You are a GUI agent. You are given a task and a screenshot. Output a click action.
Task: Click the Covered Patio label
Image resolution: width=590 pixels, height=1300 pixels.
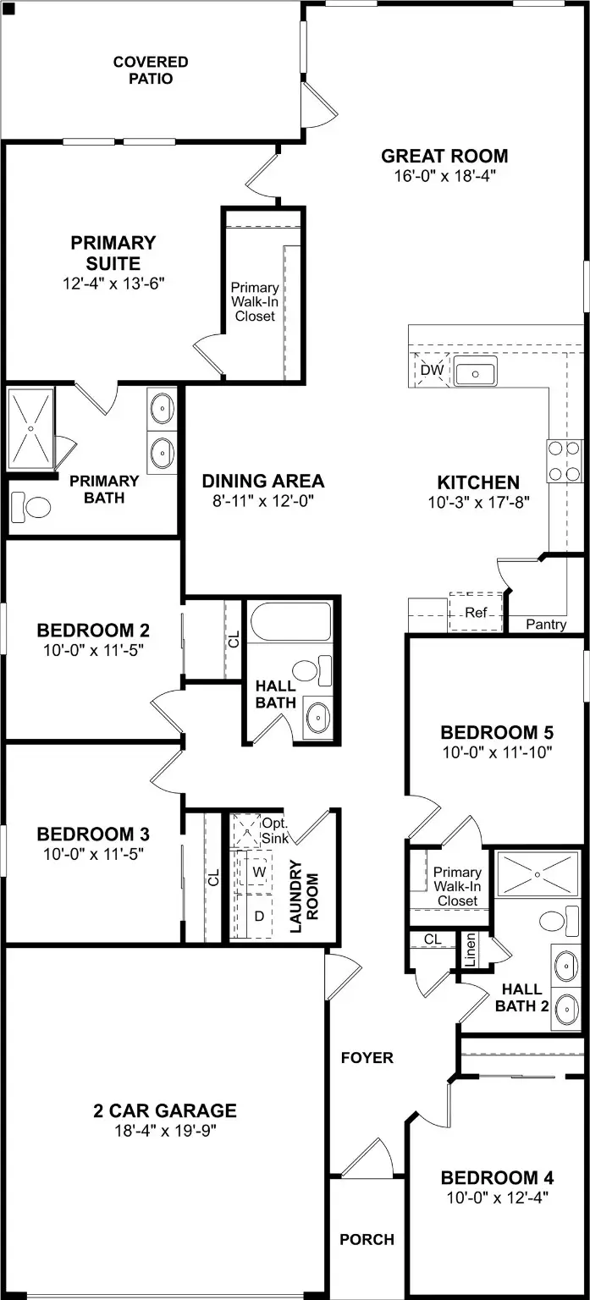coord(151,70)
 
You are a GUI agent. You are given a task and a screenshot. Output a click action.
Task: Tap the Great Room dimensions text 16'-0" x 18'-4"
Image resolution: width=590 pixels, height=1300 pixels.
coord(444,176)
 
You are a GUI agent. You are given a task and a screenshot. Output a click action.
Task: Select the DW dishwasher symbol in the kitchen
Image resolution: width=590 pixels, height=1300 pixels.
coord(432,370)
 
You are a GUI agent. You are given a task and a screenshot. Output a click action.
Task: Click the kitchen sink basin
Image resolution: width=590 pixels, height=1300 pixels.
coord(476,372)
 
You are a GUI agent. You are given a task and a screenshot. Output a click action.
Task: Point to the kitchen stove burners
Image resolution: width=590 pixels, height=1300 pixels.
coord(564,461)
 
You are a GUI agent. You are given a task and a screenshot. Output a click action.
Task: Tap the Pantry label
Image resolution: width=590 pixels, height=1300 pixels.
coord(546,625)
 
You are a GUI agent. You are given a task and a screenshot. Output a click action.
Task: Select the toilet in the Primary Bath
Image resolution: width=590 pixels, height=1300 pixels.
coord(32,508)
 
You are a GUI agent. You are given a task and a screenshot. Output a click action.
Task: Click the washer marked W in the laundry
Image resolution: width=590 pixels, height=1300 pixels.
coord(259,871)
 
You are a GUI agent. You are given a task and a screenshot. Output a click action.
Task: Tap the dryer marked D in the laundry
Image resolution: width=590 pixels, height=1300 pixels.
coord(259,916)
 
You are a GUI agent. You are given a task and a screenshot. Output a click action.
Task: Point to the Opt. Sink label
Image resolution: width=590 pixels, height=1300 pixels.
coord(274,830)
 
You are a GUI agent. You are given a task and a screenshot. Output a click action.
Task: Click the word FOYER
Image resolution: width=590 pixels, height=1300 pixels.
coord(367,1058)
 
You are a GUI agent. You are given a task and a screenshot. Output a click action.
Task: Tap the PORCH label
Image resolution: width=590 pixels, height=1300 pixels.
coord(367,1240)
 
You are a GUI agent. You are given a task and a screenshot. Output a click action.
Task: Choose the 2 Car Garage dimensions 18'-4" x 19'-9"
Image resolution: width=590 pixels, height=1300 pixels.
coord(164,1130)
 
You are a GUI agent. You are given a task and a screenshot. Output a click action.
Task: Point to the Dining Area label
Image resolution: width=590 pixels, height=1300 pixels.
coord(262,482)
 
